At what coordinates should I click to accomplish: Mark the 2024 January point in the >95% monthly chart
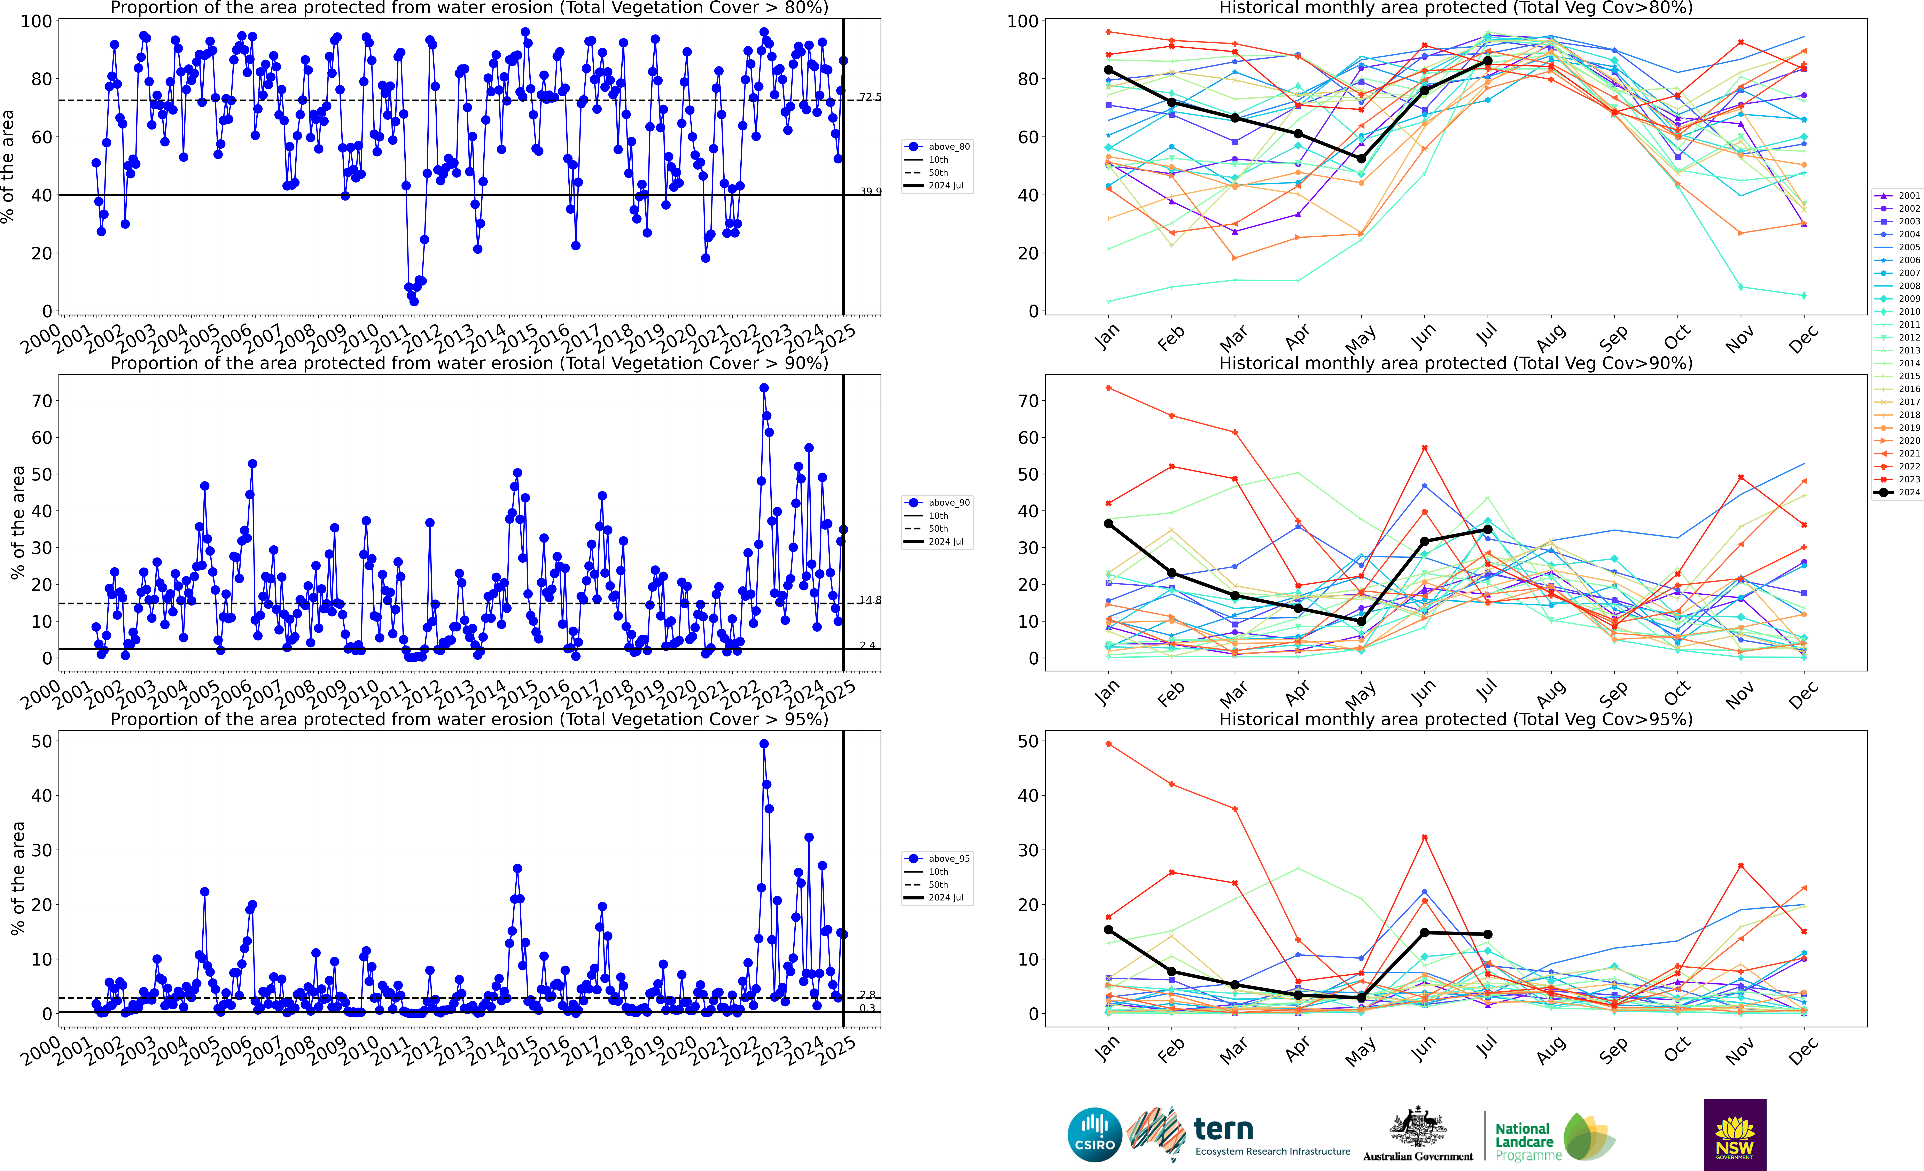point(1108,930)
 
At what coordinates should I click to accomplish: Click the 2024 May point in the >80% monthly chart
point(1361,159)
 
